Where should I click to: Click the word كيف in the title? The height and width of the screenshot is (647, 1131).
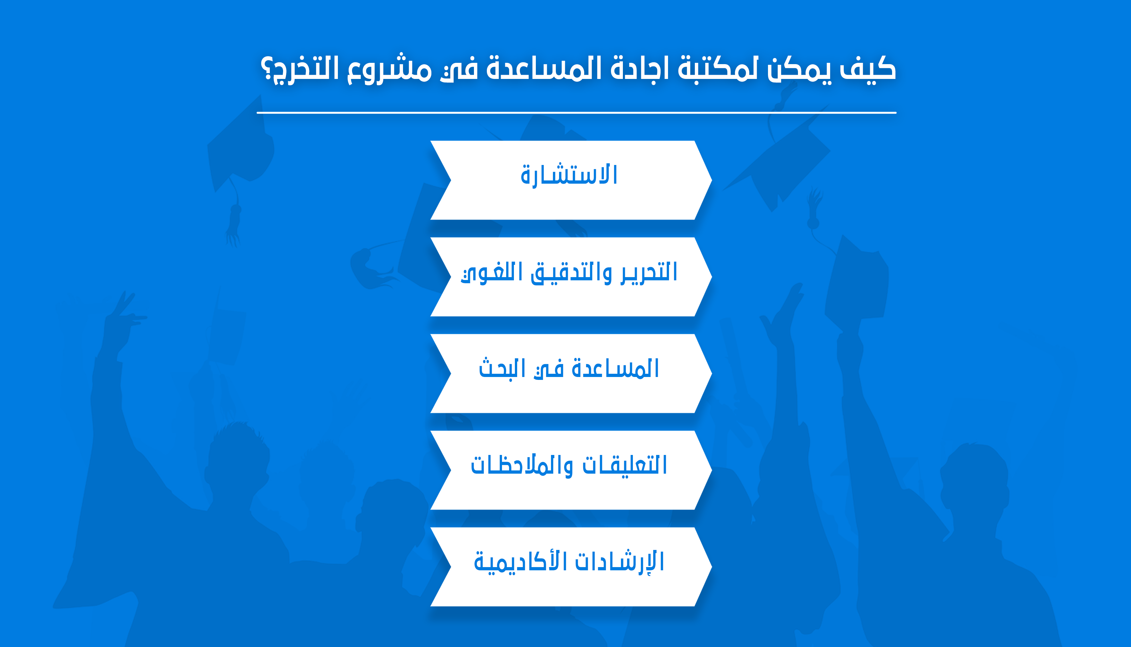coord(868,69)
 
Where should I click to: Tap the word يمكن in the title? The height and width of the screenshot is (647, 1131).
coord(799,70)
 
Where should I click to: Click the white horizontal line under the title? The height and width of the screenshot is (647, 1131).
coord(576,113)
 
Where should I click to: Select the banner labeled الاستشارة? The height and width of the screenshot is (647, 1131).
coord(571,180)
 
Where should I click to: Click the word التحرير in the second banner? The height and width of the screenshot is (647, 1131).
coord(649,272)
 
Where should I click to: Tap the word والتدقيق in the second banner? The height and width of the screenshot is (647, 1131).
coord(571,272)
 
